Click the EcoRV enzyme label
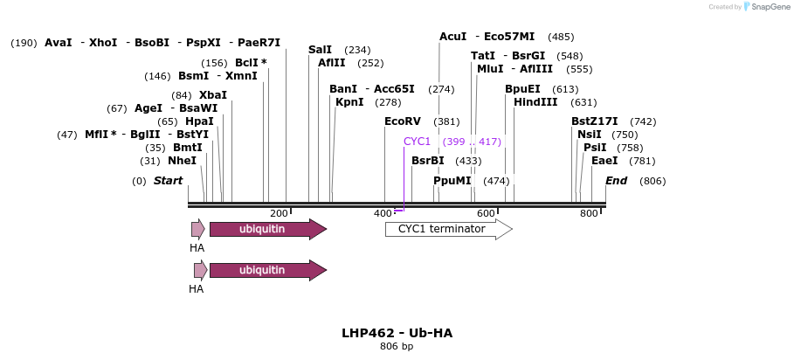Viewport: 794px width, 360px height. click(403, 121)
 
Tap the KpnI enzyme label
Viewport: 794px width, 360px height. click(349, 102)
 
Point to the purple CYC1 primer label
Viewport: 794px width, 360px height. click(417, 142)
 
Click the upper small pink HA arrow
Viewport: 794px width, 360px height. click(198, 229)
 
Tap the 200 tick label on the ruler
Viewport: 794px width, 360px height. click(279, 213)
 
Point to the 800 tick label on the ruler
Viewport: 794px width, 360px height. click(589, 213)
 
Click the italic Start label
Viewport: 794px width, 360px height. click(168, 181)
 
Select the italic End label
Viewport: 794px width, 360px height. click(616, 181)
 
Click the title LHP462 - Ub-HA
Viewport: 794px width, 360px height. click(397, 333)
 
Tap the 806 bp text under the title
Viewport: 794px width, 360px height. click(397, 347)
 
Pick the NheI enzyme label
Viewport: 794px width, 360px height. click(182, 161)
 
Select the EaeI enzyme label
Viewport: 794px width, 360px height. click(604, 161)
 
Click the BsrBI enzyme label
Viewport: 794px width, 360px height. click(428, 161)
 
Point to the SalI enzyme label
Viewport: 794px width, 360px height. click(321, 50)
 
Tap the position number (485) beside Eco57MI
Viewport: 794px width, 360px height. click(561, 37)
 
